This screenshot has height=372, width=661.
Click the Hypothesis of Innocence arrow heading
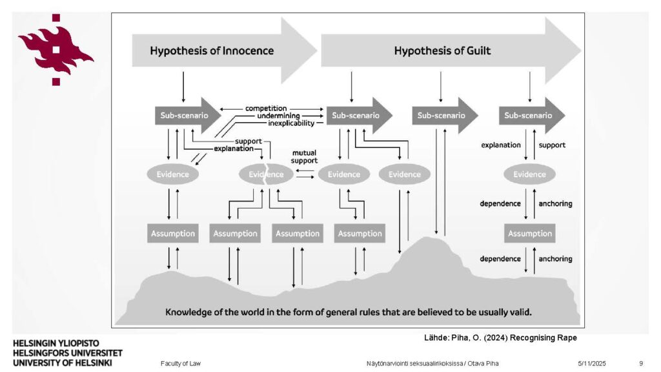(212, 50)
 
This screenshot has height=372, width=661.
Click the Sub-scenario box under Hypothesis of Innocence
(181, 116)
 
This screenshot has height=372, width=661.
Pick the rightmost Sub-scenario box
(529, 116)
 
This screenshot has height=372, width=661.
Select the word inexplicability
(291, 123)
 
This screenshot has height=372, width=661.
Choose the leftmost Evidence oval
(173, 174)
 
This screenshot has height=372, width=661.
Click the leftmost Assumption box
(172, 233)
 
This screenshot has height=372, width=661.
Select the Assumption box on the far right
(530, 233)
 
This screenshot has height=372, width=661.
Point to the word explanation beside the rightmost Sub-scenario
(500, 145)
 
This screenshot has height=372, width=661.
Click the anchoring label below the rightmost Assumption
(555, 259)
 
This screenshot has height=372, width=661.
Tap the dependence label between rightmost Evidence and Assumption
(500, 203)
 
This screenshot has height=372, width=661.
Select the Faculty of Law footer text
(181, 364)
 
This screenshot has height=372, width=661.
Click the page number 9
(640, 364)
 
